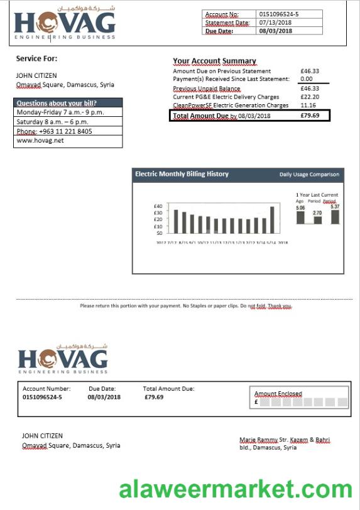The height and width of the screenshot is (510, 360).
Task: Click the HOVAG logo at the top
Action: point(65,24)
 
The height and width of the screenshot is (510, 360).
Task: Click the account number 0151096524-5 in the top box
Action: point(279,14)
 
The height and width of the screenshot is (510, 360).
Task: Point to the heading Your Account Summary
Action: point(214,61)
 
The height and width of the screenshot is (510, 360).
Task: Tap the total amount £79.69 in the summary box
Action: point(310,116)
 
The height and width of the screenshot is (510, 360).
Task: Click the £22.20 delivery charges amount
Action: point(310,97)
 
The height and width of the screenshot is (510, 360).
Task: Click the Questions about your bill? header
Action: point(57,103)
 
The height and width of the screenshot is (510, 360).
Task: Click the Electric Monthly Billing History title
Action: point(182,174)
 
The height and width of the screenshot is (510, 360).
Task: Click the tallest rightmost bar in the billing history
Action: point(272,220)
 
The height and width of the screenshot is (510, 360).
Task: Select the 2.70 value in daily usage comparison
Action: point(317,213)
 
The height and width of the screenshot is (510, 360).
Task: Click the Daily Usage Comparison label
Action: point(309,175)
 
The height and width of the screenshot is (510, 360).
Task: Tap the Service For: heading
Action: point(36,58)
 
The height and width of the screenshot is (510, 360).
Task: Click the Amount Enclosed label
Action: point(278,394)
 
